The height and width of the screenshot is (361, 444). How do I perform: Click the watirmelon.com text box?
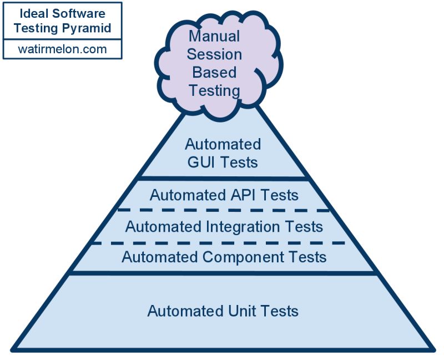(62, 49)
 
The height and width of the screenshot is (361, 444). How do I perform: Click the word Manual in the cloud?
(214, 37)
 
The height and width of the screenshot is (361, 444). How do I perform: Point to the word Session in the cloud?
(214, 54)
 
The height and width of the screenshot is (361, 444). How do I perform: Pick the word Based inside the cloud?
(214, 72)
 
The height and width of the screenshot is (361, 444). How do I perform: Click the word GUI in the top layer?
(197, 162)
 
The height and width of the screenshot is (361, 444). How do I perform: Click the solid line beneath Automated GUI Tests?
(223, 179)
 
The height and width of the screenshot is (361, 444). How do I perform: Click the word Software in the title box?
(83, 13)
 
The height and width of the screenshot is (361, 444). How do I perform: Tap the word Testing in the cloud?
(214, 90)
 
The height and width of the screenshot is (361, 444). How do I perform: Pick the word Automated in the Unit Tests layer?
(181, 311)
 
